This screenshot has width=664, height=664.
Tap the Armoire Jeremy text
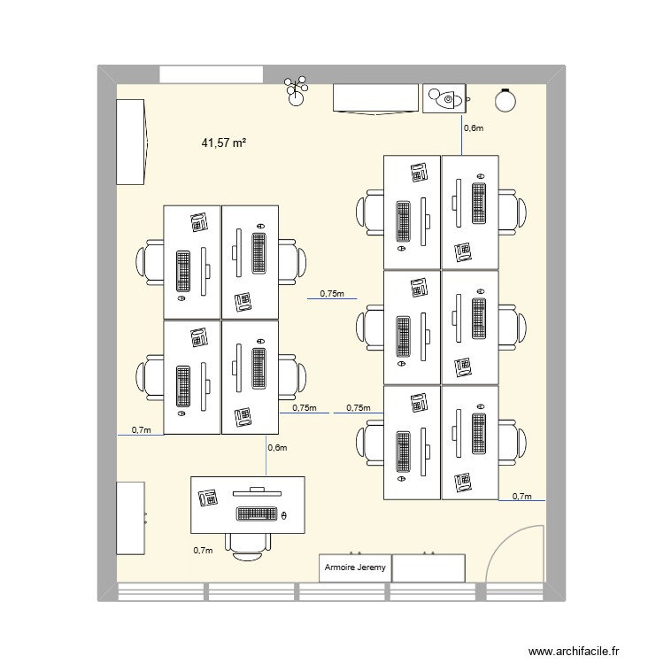pos(355,568)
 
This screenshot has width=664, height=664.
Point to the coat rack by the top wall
pos(295,89)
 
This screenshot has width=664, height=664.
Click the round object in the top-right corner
pos(506,100)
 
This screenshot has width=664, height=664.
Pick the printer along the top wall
pos(444,99)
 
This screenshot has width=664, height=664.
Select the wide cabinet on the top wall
pos(374,98)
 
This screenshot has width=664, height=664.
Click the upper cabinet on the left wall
pos(129,142)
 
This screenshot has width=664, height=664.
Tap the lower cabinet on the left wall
pos(130,519)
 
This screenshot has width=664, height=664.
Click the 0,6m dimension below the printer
pos(475,128)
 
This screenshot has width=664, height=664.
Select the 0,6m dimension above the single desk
pos(277,448)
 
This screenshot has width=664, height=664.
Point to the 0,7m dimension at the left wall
pos(141,430)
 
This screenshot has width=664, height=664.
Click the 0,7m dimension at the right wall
pos(522,497)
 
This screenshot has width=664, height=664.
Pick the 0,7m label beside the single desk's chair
pos(203,551)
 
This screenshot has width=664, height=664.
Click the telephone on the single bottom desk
pos(209,497)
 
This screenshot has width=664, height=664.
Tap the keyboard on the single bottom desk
pos(258,513)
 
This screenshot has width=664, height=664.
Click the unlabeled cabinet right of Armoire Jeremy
pos(428,567)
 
